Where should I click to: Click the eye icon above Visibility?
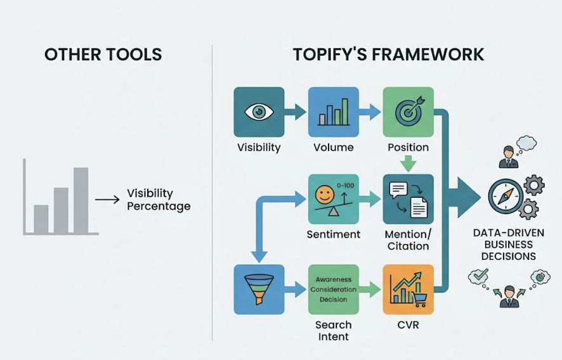[259, 112]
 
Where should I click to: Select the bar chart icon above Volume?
[334, 112]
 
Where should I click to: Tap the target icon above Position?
[408, 112]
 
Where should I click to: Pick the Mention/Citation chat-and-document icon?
[408, 199]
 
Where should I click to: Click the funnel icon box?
[259, 290]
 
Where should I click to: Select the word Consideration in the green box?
[334, 290]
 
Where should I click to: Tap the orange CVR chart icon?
[408, 290]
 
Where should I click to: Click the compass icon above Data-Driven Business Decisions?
[506, 196]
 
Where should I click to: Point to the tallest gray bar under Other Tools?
[81, 200]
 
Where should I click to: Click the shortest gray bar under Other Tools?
[41, 219]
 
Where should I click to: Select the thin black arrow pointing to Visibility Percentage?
[107, 200]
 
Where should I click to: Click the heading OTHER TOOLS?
[103, 55]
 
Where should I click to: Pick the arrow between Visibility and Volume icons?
[296, 113]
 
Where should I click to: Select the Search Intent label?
[334, 331]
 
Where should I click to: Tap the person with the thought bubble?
[508, 157]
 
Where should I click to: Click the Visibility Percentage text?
[158, 200]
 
